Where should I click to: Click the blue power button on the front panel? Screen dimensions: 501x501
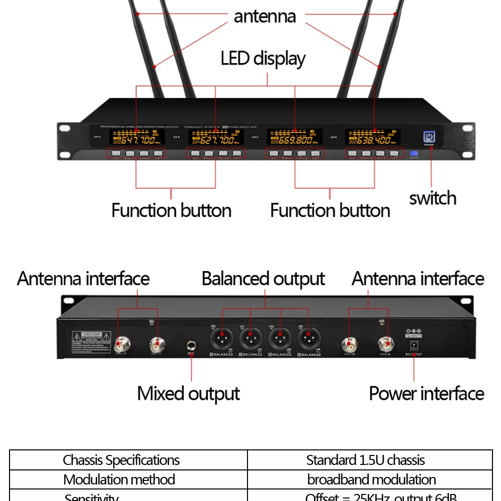tap(429, 138)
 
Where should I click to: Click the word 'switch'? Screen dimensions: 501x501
tap(432, 198)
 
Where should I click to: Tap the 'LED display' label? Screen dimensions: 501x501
tap(263, 59)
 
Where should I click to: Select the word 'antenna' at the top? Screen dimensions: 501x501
tap(265, 17)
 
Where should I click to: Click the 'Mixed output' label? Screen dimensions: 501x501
tap(188, 394)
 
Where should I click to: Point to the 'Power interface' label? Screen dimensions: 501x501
tap(426, 394)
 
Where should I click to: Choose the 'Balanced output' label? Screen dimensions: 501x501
tap(263, 279)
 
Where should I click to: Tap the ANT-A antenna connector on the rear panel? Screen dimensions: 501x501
tap(386, 344)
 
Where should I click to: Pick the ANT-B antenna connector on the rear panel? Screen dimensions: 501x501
tap(349, 344)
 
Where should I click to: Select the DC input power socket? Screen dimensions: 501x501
tap(414, 346)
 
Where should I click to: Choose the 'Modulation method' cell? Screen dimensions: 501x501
tap(119, 479)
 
